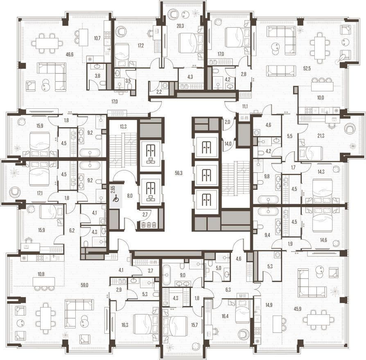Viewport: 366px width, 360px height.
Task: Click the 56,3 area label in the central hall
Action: [178, 173]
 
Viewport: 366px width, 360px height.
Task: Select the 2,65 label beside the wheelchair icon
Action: [113, 189]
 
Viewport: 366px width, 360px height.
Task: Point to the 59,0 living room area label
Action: [84, 285]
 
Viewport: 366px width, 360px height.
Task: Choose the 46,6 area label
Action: [70, 54]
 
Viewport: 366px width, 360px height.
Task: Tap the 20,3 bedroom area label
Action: [180, 26]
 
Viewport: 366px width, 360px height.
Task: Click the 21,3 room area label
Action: [321, 136]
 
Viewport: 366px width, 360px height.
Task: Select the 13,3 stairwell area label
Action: [123, 127]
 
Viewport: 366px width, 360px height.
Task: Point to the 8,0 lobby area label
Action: [130, 196]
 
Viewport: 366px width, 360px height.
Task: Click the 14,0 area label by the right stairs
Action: [228, 144]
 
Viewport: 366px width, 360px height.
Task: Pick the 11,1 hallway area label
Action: [245, 107]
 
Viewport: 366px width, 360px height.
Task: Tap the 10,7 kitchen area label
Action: [97, 38]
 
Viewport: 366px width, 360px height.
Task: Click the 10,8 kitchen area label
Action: [41, 274]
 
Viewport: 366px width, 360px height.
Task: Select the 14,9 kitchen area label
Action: [269, 305]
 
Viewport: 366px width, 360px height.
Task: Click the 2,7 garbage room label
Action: [145, 215]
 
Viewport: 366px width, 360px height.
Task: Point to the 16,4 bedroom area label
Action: [225, 316]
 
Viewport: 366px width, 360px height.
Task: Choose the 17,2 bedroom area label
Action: [140, 45]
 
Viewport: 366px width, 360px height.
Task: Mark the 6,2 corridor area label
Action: [72, 230]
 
